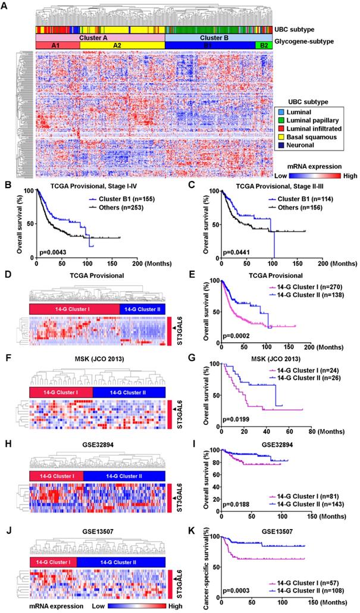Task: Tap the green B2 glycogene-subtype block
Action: click(x=262, y=45)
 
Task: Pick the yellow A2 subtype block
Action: click(x=122, y=45)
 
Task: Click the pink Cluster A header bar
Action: click(x=99, y=37)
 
